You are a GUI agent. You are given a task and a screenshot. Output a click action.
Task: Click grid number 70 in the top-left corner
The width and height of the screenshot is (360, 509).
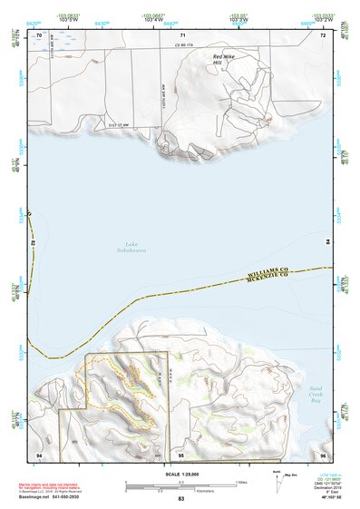point(39,35)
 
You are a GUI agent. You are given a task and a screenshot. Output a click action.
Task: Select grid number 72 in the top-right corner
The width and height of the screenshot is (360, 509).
point(322,35)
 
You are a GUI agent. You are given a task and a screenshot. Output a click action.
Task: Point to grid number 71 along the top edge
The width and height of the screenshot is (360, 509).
point(181,35)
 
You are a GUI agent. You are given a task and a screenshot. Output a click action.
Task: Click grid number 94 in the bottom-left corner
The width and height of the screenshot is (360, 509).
point(39,453)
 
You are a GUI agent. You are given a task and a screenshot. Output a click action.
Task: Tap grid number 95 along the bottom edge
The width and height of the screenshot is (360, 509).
point(180,453)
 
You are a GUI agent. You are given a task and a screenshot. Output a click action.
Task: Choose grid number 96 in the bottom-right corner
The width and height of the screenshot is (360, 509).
point(322,453)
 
